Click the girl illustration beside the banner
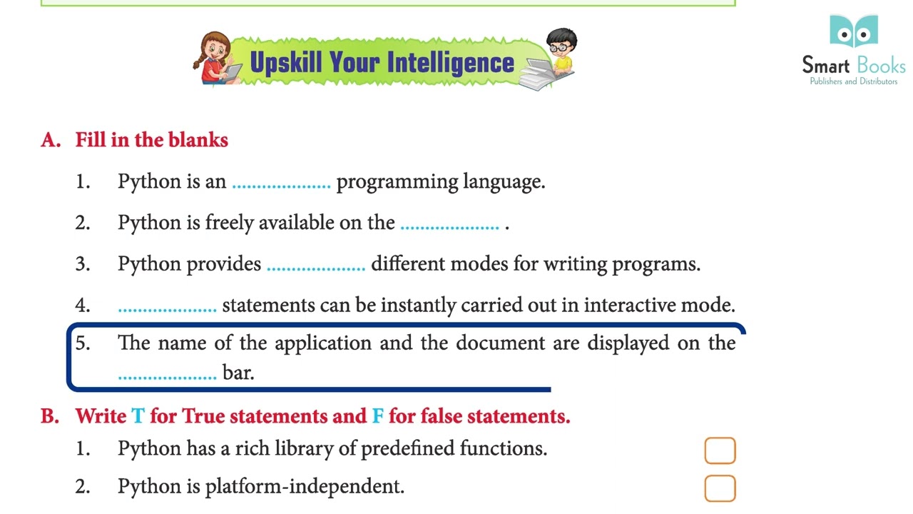tap(217, 59)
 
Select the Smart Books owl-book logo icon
tap(854, 31)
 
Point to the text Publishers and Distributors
tap(853, 81)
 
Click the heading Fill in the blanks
tap(151, 140)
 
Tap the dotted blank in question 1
tap(281, 184)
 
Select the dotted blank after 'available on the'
tap(449, 226)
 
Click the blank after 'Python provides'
tap(315, 267)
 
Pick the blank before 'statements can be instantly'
tap(167, 308)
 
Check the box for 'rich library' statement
tap(720, 450)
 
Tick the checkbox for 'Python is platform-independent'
tap(720, 488)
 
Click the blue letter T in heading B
tap(138, 416)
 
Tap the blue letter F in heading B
tap(377, 416)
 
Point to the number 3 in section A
tap(83, 264)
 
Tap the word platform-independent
tap(305, 487)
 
